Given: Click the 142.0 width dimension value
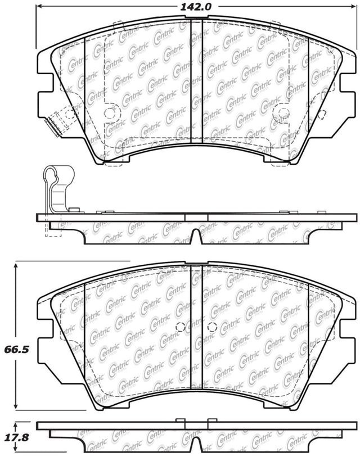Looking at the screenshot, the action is click(x=195, y=6).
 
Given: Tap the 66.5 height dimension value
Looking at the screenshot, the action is click(x=17, y=349).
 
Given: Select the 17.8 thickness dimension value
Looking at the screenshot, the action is click(x=17, y=437).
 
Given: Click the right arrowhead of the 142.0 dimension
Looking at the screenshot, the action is click(x=353, y=6).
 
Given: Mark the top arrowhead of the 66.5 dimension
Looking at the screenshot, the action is click(x=16, y=266).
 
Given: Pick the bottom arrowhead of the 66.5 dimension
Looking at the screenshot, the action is click(x=16, y=405).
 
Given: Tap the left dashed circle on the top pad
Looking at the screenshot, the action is click(x=110, y=113).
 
